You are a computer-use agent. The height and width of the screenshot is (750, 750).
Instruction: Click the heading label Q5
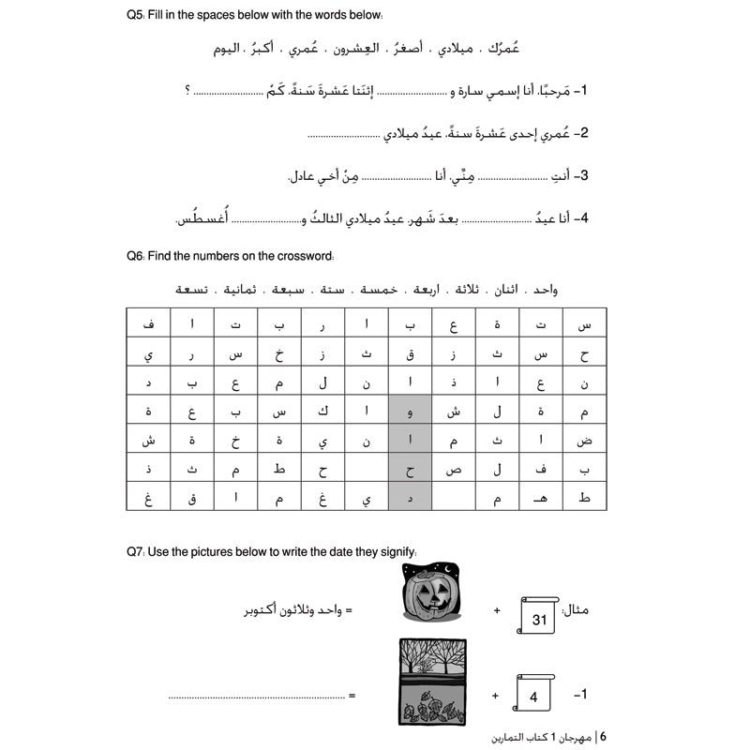coord(135,15)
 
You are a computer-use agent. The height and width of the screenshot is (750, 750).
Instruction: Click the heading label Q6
coord(135,255)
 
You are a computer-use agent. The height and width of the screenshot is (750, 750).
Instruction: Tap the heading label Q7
coord(135,552)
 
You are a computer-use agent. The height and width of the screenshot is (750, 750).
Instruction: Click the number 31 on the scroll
coord(538,618)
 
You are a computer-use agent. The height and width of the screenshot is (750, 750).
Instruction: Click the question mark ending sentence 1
coord(187,91)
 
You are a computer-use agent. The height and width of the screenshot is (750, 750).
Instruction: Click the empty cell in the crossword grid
coord(366,470)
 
